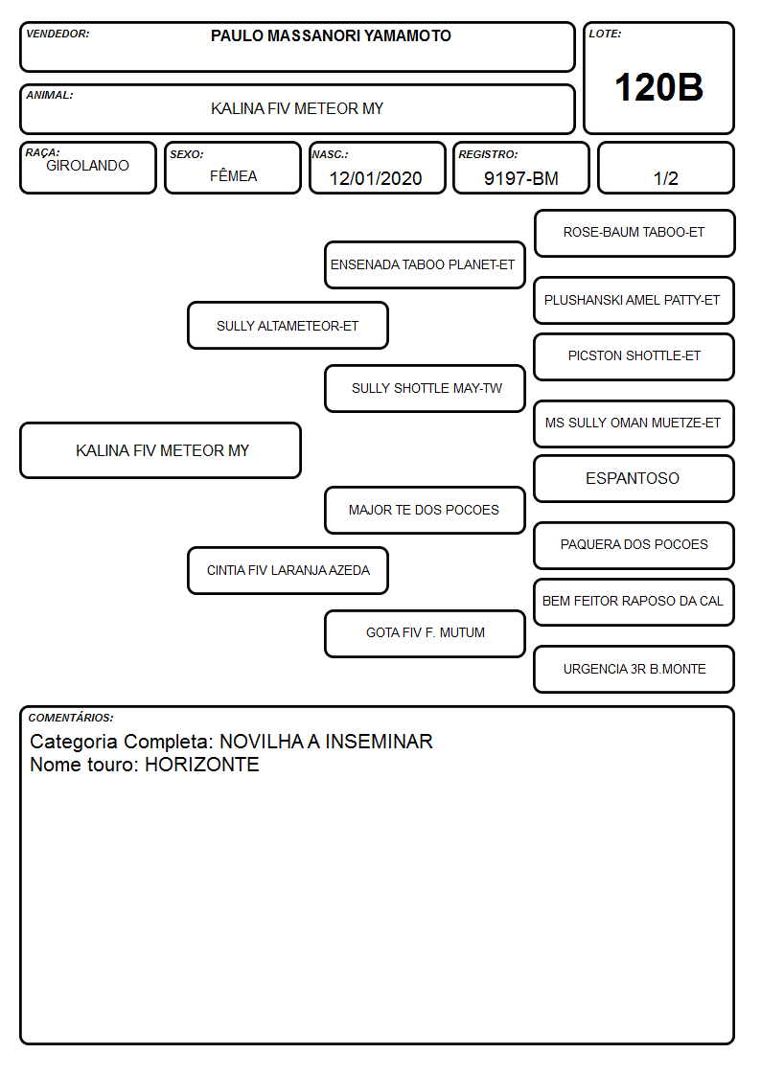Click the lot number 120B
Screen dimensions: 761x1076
tap(658, 87)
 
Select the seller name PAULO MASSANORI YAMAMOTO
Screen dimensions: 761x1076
tap(331, 35)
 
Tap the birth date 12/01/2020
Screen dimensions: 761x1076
tap(376, 178)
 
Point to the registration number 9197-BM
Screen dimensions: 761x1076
tap(520, 178)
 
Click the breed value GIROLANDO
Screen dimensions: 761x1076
tap(87, 166)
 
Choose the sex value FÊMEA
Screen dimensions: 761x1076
tap(233, 175)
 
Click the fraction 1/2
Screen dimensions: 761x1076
tap(665, 178)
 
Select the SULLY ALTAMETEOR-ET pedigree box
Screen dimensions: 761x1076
tap(288, 325)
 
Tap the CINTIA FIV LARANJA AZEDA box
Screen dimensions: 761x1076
tap(288, 570)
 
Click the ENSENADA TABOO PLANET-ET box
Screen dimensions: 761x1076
tap(425, 264)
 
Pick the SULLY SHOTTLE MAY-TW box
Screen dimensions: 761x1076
tap(425, 388)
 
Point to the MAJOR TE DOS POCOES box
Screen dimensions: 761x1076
tap(425, 510)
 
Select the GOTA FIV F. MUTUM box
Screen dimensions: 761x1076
tap(425, 633)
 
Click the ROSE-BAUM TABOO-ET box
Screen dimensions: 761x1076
tap(634, 234)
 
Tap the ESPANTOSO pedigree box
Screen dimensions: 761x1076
tap(634, 478)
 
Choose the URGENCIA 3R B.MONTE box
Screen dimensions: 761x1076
tap(634, 669)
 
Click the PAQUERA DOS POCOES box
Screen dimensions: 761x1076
tap(634, 545)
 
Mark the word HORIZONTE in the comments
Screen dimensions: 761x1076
tap(201, 765)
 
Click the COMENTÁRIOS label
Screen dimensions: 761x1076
tap(71, 718)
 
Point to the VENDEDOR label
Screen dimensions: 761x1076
tap(58, 34)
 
